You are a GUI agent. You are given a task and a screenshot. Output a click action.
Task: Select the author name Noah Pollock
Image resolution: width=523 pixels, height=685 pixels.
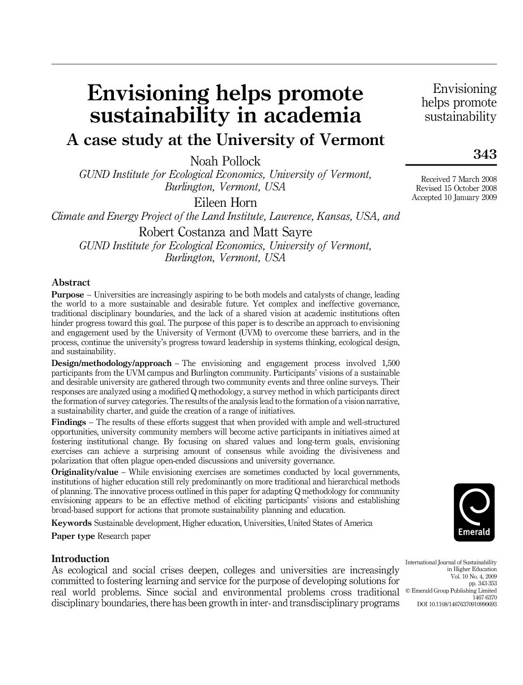pos(226,162)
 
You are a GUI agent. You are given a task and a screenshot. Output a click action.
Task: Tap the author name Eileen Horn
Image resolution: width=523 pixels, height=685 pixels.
pos(226,203)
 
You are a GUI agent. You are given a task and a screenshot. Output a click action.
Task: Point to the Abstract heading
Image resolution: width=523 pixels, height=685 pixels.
pos(71,282)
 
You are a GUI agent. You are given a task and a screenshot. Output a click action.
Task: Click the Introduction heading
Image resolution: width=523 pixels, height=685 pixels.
pos(80,559)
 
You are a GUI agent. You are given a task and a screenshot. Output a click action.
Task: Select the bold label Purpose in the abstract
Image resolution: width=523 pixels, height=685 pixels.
pos(67,295)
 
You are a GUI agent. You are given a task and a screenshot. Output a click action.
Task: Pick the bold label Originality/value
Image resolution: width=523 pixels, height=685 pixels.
pos(85,472)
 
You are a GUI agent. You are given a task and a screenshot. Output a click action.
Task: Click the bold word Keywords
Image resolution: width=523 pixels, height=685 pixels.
pos(71,523)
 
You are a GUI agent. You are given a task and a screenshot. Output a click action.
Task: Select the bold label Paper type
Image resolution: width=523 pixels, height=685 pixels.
pos(73,536)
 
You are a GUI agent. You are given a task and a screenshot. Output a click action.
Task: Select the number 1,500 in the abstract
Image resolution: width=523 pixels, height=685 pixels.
pos(387,363)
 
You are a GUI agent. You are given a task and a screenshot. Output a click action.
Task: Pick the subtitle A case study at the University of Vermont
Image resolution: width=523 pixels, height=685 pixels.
pos(226,139)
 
